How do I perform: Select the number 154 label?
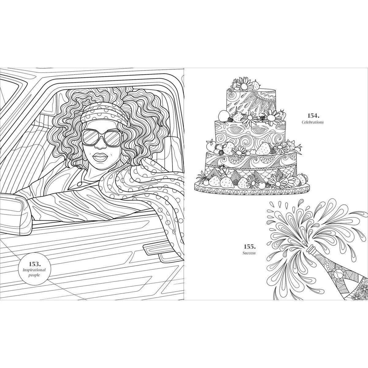[x=314, y=116]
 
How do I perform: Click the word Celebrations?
[x=312, y=122]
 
